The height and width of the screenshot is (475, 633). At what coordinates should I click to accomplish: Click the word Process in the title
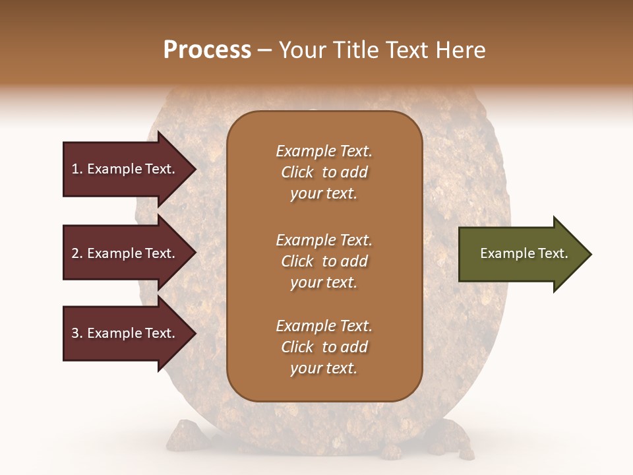[207, 50]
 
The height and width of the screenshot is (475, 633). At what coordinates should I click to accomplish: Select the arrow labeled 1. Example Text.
[125, 169]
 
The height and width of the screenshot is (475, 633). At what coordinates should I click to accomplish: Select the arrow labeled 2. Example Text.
[125, 253]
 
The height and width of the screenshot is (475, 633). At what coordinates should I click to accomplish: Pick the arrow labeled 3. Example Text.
[125, 333]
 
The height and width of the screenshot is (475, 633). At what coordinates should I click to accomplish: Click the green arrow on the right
[521, 254]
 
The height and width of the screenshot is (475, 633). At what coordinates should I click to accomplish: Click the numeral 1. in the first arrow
[77, 169]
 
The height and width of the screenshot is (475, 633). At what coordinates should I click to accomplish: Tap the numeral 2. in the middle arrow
[77, 253]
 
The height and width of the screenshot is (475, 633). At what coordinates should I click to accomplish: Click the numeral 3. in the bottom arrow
[77, 333]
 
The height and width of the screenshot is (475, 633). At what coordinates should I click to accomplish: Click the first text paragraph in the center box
[324, 172]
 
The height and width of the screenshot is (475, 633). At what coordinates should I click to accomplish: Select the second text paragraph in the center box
[324, 261]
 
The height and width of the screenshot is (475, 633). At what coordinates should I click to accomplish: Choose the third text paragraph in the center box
[324, 347]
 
